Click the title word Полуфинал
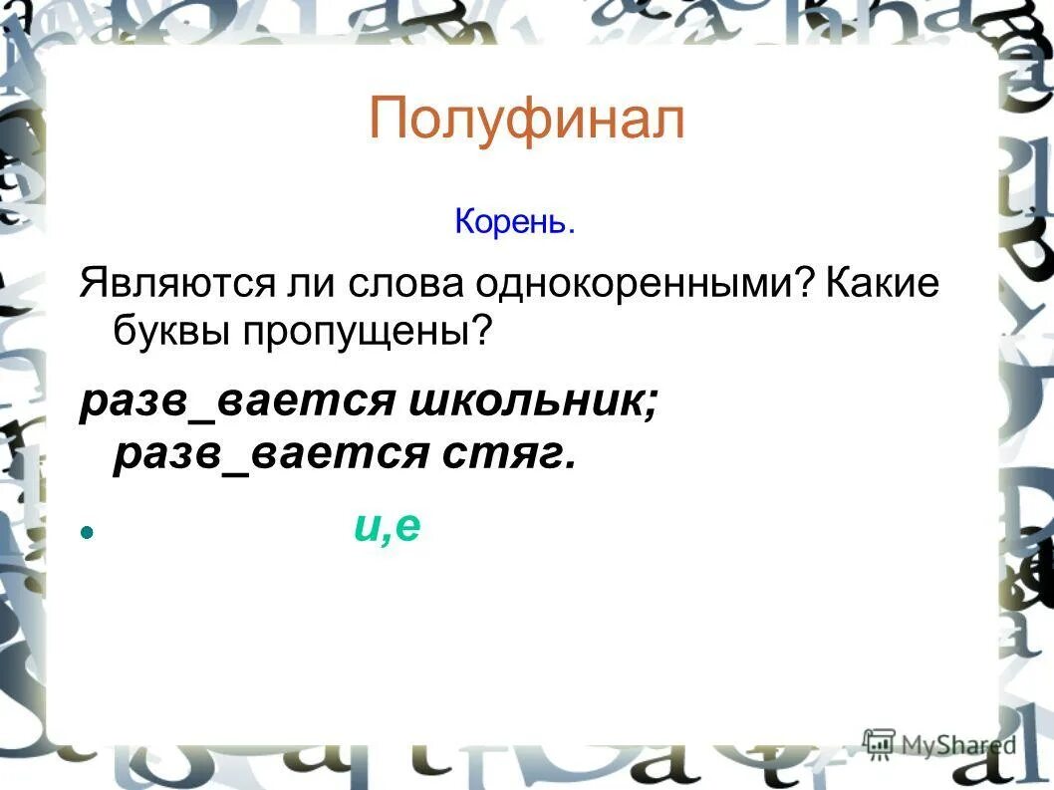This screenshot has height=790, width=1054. [526, 121]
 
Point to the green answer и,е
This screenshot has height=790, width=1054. [388, 527]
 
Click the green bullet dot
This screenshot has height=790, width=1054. [87, 534]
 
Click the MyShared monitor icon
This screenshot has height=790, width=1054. [880, 742]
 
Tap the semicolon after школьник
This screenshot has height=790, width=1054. [651, 402]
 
